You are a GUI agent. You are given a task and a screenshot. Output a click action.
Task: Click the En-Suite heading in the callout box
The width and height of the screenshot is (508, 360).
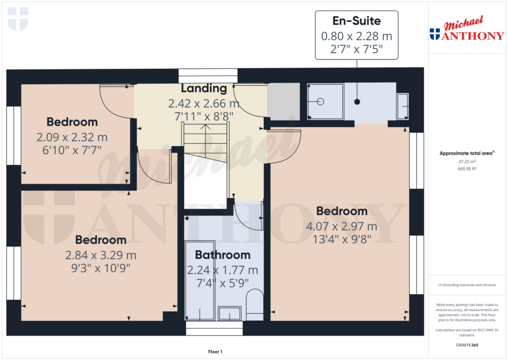click(356, 21)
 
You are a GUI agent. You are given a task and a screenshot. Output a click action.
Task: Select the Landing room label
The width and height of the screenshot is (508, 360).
click(204, 88)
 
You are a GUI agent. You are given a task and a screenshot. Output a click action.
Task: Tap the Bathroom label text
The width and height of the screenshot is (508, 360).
click(223, 255)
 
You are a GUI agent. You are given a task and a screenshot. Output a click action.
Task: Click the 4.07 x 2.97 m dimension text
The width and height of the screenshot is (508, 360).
click(341, 226)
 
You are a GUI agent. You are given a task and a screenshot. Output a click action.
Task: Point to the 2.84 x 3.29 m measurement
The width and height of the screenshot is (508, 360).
click(101, 255)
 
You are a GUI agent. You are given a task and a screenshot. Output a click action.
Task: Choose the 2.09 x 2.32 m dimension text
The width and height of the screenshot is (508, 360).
click(72, 137)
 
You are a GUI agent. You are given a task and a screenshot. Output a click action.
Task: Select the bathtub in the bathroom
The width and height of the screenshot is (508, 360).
click(200, 281)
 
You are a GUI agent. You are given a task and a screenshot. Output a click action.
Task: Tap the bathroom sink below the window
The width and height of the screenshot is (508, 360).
click(230, 313)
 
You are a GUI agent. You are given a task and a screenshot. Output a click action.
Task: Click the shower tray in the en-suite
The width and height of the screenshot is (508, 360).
click(325, 101)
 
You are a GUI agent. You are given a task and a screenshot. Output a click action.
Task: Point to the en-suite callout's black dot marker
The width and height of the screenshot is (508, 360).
click(357, 102)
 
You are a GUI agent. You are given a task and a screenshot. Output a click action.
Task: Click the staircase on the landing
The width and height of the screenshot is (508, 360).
click(205, 143)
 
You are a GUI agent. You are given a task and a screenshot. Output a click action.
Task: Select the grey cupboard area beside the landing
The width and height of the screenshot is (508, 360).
click(283, 101)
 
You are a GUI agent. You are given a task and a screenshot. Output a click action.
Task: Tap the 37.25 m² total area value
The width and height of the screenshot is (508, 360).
click(467, 161)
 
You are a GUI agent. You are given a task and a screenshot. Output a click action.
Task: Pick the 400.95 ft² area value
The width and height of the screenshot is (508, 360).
click(467, 169)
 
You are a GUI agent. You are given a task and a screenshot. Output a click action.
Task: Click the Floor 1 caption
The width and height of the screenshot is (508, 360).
click(215, 352)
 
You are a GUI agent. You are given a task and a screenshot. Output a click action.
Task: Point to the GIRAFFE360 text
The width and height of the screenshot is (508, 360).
click(467, 345)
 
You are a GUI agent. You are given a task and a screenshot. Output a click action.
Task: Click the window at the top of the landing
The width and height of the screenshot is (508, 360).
click(208, 76)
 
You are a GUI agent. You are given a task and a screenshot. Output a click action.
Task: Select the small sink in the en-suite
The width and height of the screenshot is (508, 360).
click(403, 106)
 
